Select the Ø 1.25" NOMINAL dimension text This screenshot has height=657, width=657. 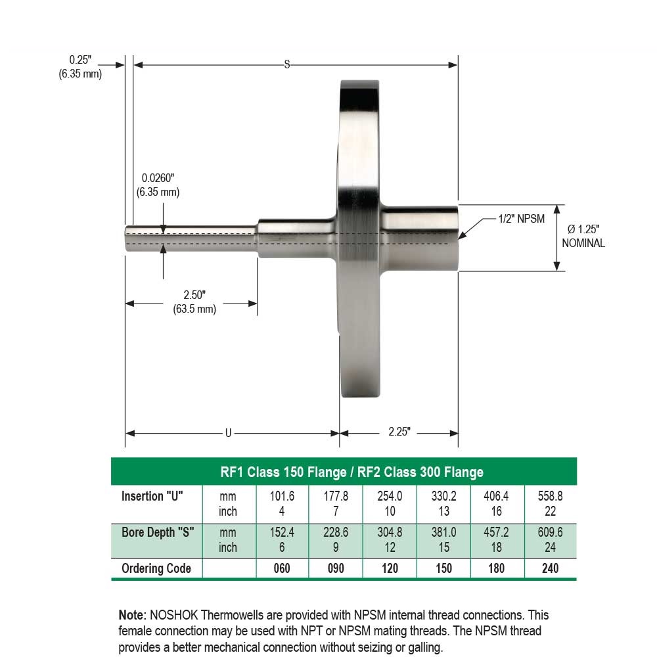(583, 236)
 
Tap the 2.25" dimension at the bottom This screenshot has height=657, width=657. (399, 432)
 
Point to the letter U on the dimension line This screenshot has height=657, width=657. (229, 433)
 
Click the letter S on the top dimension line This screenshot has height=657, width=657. (286, 64)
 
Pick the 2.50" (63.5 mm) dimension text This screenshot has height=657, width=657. (194, 302)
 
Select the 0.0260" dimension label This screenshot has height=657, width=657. (158, 185)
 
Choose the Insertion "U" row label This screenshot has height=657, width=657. (152, 497)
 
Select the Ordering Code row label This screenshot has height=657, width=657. (156, 568)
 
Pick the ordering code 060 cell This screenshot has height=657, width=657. (281, 568)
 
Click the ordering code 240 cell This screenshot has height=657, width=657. (550, 568)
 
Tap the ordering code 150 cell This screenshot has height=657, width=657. (443, 568)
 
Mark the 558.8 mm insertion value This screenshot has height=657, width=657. (550, 497)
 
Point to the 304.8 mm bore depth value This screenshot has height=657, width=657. (390, 533)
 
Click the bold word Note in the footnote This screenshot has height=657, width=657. (131, 616)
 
